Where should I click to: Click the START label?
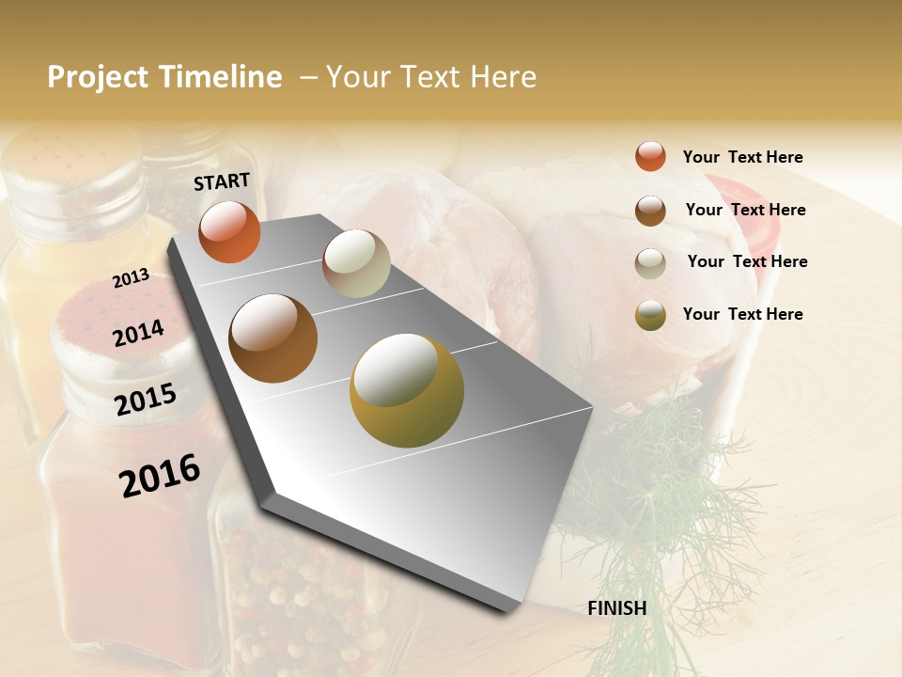222,181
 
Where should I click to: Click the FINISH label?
616,608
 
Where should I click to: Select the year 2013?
131,277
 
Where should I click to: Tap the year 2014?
138,333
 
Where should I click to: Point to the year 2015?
145,400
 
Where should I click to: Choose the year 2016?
160,475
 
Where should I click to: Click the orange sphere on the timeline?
229,232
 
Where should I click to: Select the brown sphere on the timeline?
272,338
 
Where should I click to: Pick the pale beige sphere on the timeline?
356,263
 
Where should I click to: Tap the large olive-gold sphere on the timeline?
406,390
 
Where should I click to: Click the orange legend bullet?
650,156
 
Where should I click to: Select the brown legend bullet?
650,211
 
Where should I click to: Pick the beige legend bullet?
650,263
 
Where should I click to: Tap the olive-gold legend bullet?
650,315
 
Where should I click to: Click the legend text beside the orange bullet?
742,158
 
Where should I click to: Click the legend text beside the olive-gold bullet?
742,314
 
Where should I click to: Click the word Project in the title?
98,77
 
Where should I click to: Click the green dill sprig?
658,489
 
